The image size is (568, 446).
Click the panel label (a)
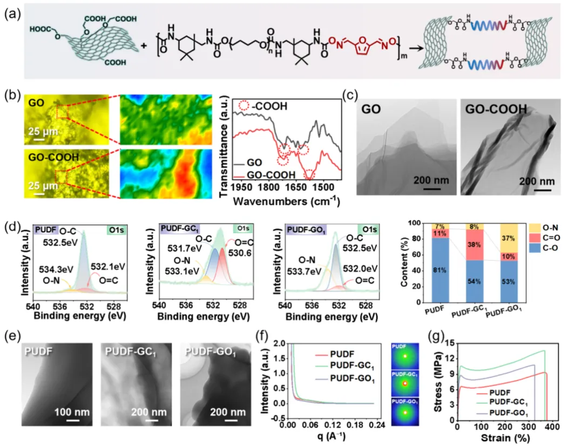[11, 14]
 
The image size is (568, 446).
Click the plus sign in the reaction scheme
[144, 45]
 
